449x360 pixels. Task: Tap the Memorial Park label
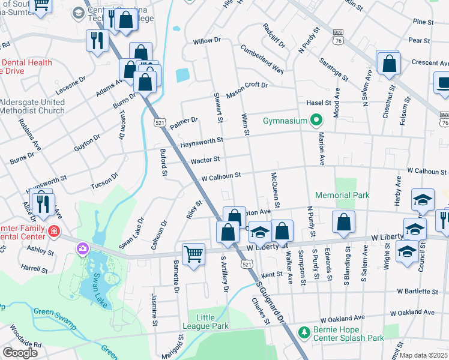coord(342,195)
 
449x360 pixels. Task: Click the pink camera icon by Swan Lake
coord(82,248)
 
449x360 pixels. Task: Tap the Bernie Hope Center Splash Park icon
coord(304,332)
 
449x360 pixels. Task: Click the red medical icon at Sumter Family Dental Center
coord(53,230)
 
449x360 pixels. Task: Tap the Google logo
coord(20,352)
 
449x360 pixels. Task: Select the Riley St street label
coord(195,211)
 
